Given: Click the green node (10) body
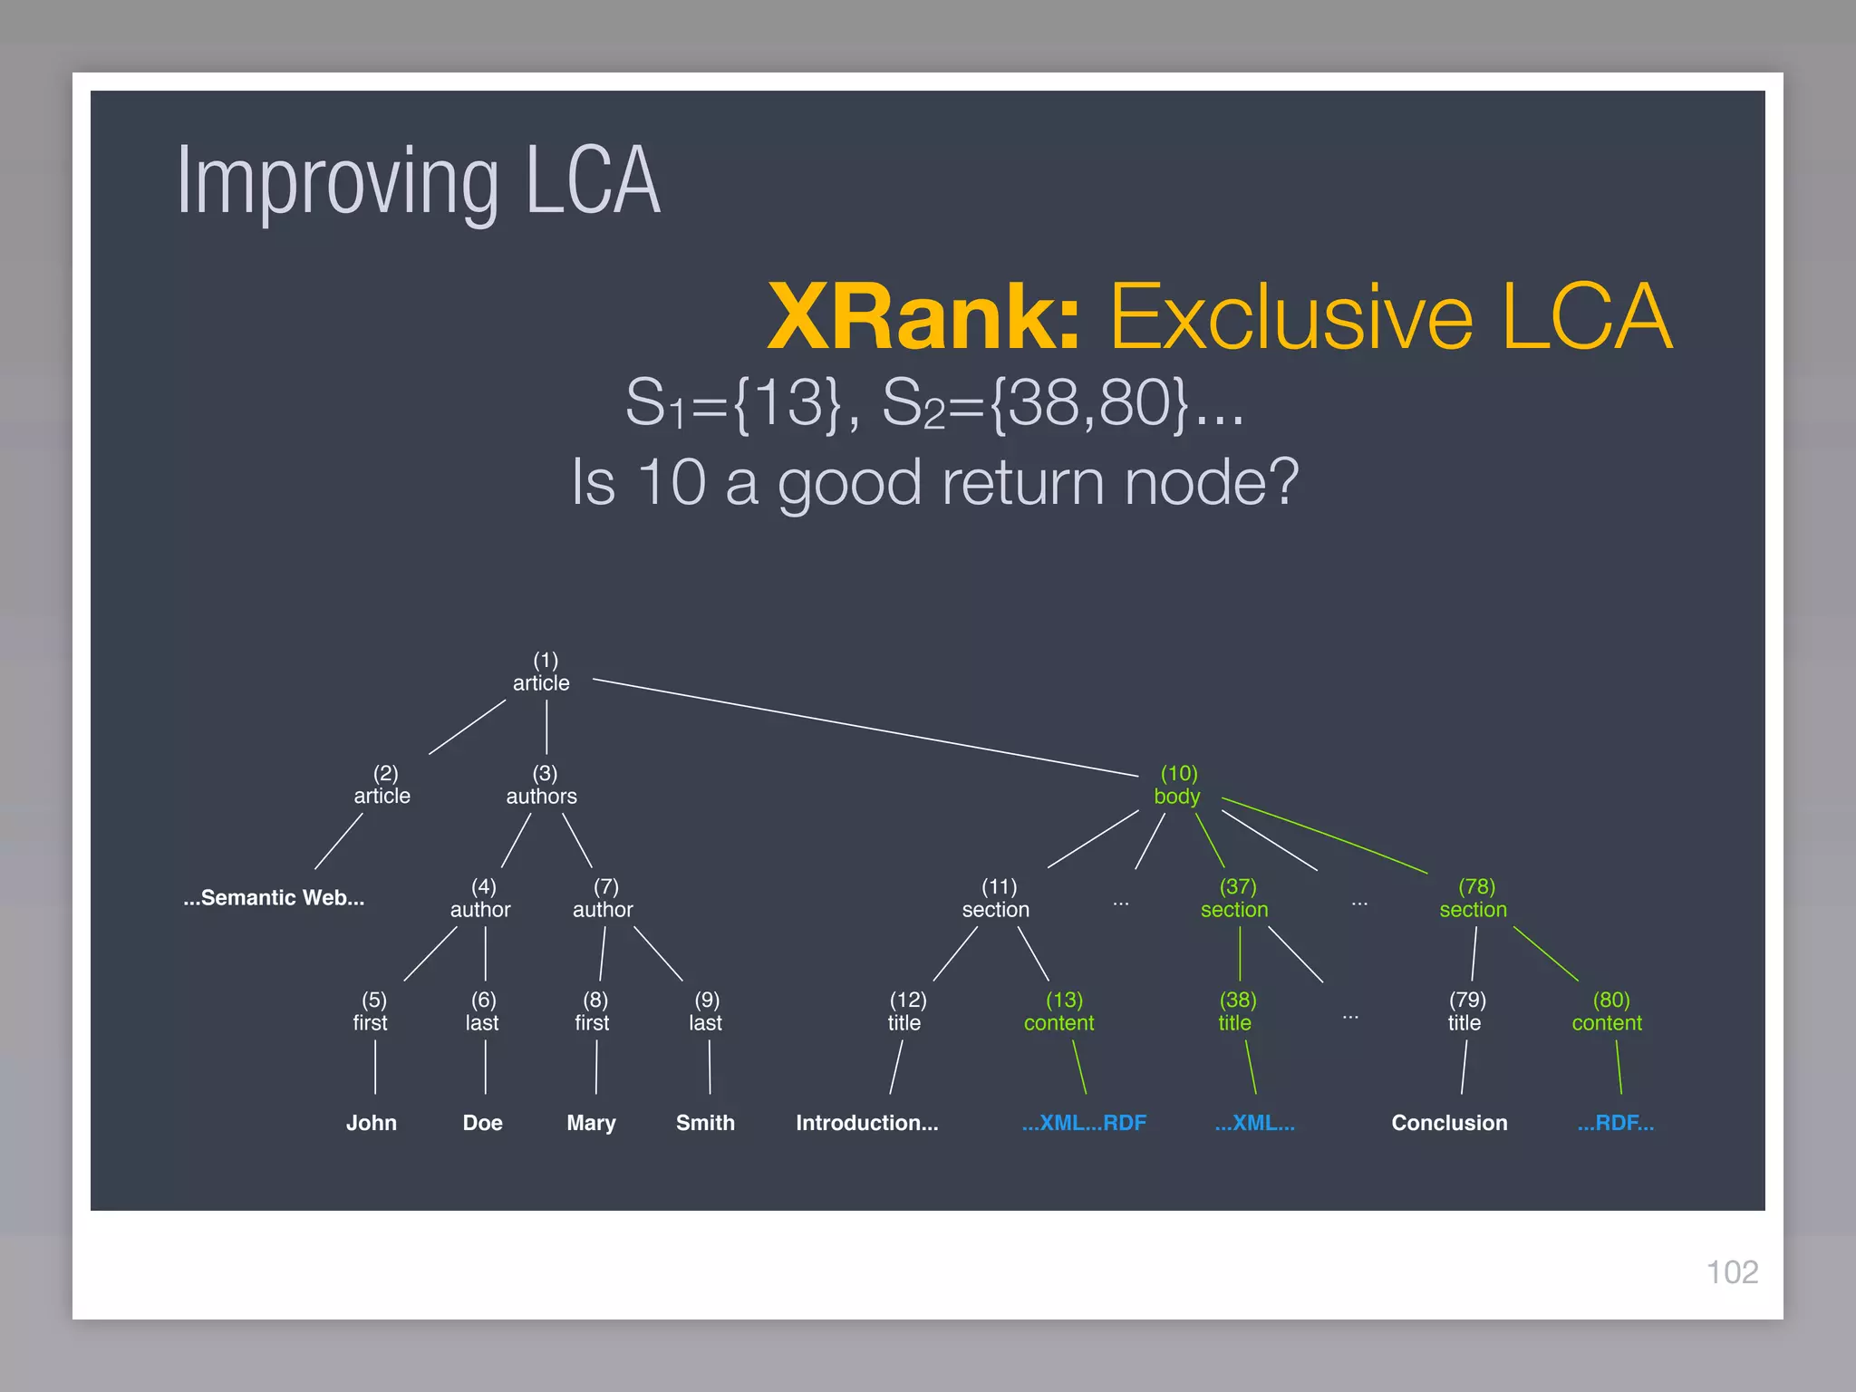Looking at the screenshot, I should (1177, 785).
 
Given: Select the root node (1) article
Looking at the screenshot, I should (542, 672).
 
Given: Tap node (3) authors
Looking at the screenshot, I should (542, 785).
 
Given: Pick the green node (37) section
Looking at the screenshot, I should (1234, 898).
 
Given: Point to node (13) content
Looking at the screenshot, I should (1059, 1011).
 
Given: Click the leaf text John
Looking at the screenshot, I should (372, 1123).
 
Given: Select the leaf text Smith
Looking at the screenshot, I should (705, 1123).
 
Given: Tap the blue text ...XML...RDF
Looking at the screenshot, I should (1084, 1123).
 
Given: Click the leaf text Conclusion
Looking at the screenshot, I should (1449, 1123).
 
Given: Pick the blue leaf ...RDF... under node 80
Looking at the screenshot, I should (1615, 1123).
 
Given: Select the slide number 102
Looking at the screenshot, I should (1732, 1271).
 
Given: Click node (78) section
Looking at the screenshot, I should (1474, 898).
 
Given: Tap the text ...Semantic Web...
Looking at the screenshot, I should (274, 897).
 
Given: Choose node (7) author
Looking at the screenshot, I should (603, 898).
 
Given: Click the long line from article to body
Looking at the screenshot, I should (865, 728).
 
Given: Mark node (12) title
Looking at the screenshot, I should (905, 1011).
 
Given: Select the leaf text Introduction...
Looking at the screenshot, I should (866, 1123).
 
